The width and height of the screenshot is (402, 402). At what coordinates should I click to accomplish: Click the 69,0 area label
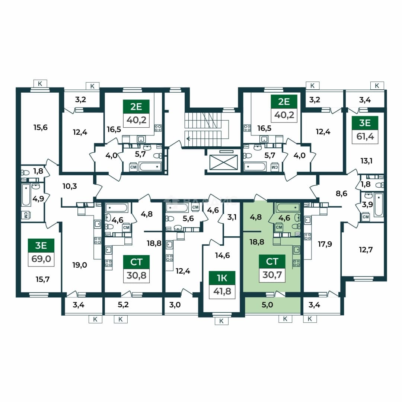pos(41,259)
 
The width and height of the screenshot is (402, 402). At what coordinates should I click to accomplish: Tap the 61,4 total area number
pos(365,136)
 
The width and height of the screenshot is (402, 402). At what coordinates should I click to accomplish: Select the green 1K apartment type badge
pos(222,278)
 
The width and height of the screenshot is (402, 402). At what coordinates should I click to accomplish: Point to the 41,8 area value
pos(222,291)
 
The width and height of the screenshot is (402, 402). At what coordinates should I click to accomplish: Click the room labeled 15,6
pos(41,127)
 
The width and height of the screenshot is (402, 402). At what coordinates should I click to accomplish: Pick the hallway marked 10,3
pos(70,186)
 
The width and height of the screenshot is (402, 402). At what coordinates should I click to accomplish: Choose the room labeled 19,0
pos(80,265)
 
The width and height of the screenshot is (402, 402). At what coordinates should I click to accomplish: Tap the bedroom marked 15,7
pos(42,279)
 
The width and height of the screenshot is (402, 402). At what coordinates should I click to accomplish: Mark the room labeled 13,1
pos(366,161)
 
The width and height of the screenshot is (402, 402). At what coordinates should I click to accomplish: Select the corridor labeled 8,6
pos(341,193)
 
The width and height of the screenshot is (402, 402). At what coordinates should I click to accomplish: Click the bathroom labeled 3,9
pos(367,205)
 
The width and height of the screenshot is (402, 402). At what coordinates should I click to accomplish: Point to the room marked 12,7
pos(366,249)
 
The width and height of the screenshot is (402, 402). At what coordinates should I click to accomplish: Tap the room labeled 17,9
pos(325,244)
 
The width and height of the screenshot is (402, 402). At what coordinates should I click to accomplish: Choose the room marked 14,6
pos(222,255)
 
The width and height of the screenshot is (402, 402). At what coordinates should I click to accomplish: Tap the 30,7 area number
pos(272,275)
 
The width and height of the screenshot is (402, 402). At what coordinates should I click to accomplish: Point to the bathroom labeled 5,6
pos(188,218)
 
